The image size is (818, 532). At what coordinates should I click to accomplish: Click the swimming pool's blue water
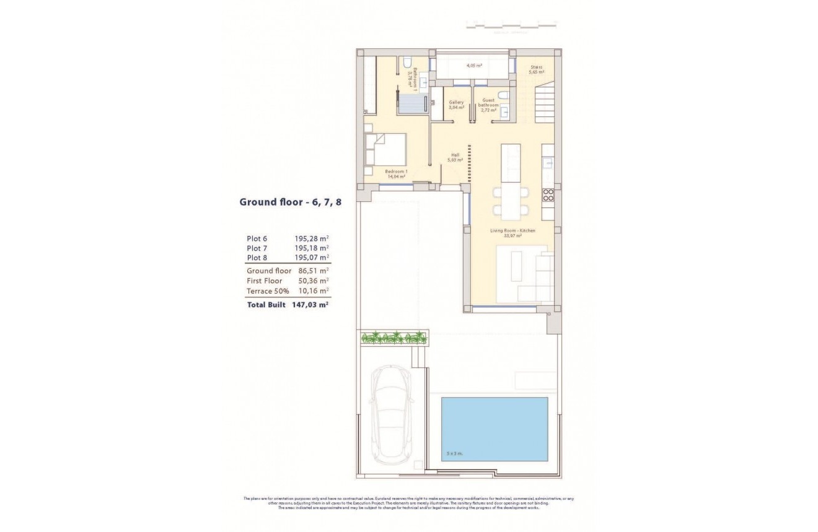pos(494,429)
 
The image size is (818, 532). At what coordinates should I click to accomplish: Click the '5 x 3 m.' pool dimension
pos(455,454)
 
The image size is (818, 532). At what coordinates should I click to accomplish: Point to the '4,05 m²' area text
pos(475,65)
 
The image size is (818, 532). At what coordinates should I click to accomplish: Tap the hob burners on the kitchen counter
pos(548,195)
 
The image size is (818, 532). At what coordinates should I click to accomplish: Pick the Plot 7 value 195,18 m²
pos(312,248)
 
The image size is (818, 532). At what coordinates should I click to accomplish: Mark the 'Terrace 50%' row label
pos(268,290)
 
